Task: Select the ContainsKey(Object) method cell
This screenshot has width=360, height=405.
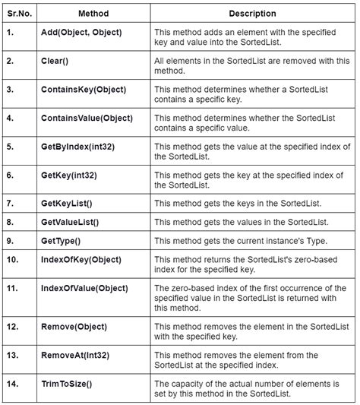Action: (84, 89)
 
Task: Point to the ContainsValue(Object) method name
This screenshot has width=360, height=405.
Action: (87, 118)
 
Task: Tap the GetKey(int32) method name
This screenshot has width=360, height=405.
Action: (70, 175)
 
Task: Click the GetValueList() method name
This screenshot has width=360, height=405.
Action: (71, 223)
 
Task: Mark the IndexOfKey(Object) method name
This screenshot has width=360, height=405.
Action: (81, 260)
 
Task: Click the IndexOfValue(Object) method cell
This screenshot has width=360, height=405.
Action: (84, 289)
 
